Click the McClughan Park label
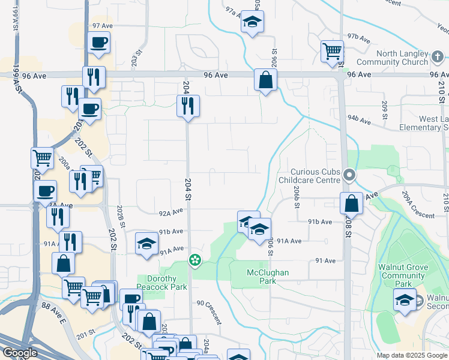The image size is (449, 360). point(268,277)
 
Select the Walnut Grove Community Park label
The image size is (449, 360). point(403,275)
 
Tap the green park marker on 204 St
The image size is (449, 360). point(194,260)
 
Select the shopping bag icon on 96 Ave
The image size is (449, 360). point(265,79)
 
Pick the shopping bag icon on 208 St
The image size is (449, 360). point(352,203)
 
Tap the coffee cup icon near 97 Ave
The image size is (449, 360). point(98,43)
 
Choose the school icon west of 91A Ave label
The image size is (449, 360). point(146,244)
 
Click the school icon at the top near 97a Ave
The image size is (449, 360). point(252,23)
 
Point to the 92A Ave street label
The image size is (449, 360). point(170,212)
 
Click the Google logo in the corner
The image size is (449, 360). point(20,353)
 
